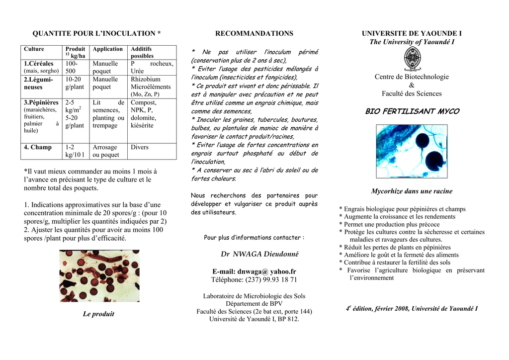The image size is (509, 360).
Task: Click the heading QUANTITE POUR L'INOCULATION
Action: coord(96,33)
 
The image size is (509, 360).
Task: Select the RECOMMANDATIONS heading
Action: coord(254,33)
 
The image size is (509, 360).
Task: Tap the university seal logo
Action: coord(412,60)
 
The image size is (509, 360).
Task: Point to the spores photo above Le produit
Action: coord(99,275)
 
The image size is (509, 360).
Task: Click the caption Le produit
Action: coord(98,314)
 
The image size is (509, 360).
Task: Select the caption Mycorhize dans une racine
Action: coord(412,191)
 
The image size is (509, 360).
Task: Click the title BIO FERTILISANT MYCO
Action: coord(412,111)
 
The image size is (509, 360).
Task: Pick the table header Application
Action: coord(107,49)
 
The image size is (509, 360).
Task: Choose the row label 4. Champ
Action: coord(38,147)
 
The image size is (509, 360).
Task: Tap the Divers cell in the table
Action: coord(140,147)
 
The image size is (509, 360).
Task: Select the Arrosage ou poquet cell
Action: coord(106,151)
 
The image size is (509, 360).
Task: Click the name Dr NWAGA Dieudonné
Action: coord(259,254)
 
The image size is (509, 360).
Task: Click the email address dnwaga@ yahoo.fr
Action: coord(254,271)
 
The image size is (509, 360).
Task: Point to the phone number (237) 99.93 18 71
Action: coord(254,279)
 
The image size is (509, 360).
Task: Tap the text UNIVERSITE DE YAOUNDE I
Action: coord(412,33)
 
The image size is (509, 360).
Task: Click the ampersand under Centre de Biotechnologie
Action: coord(412,85)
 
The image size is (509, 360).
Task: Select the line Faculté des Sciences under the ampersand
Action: coord(412,93)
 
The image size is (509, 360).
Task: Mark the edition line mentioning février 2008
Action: coord(412,309)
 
